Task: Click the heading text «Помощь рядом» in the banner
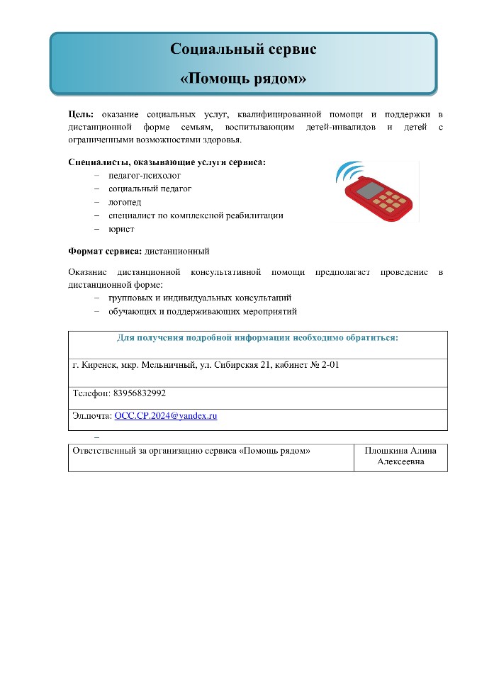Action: pos(243,79)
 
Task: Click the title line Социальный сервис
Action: pos(243,49)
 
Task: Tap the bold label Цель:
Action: pos(82,114)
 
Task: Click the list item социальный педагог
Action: pos(150,189)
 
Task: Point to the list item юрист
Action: pos(121,229)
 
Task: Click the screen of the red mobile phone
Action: pos(369,190)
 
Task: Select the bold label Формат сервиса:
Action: pos(105,252)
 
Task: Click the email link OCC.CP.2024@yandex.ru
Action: pos(165,416)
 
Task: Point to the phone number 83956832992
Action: pos(140,393)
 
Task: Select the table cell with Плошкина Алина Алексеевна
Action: pos(400,456)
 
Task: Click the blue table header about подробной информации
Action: pos(257,338)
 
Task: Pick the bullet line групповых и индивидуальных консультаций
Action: pos(200,298)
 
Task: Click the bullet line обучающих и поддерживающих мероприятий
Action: pos(202,312)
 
